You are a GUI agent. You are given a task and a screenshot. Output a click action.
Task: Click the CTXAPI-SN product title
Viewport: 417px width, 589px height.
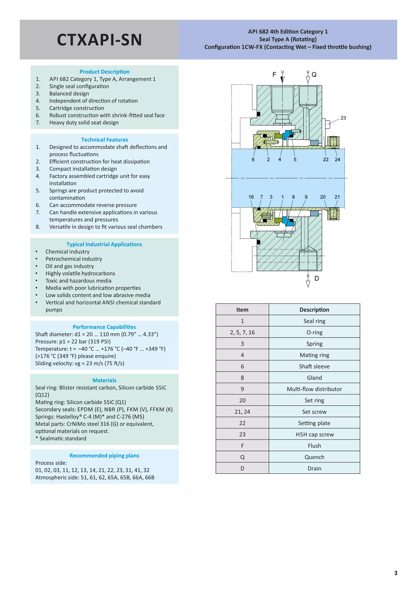click(99, 40)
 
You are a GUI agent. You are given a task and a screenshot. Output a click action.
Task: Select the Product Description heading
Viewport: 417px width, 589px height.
click(104, 72)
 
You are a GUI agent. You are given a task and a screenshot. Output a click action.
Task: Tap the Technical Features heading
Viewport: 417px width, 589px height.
click(104, 140)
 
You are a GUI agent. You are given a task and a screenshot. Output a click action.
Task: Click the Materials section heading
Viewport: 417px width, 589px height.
click(104, 380)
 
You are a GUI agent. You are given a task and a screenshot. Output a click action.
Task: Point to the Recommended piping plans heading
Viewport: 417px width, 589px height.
click(104, 456)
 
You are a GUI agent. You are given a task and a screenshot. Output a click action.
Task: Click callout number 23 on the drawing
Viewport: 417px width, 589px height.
click(343, 118)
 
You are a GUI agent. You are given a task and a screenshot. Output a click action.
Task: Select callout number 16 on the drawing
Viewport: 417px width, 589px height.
click(251, 197)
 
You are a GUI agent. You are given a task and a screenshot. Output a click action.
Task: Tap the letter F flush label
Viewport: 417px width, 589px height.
click(274, 75)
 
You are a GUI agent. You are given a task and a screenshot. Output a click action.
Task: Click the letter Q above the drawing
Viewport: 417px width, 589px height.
click(314, 75)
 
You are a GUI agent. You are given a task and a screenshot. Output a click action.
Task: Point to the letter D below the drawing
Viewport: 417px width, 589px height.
click(317, 279)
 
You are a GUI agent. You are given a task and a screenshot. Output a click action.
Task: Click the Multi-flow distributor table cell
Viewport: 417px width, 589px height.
click(314, 389)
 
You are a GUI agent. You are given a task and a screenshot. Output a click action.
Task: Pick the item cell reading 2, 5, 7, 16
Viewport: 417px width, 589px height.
click(242, 333)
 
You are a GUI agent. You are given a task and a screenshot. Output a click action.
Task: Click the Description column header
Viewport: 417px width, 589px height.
click(314, 310)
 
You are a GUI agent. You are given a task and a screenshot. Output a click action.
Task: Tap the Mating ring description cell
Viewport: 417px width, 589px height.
click(314, 355)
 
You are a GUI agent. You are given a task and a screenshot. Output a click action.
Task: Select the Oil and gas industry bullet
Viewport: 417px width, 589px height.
click(70, 266)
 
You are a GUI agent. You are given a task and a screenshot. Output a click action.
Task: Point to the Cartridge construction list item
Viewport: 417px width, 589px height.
click(77, 108)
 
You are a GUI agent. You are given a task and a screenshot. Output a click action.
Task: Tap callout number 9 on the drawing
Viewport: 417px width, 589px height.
click(306, 197)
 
